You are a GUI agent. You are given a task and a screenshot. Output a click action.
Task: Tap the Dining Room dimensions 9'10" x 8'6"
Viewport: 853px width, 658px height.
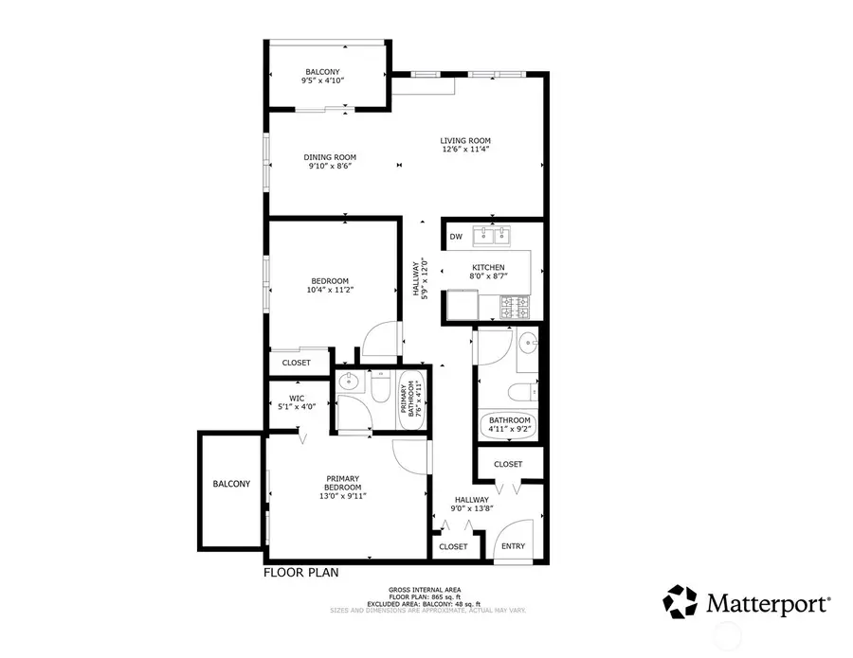(x=330, y=168)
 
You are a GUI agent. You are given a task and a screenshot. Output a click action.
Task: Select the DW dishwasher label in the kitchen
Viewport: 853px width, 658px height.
(x=456, y=237)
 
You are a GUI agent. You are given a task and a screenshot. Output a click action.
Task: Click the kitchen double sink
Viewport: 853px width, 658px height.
(x=492, y=234)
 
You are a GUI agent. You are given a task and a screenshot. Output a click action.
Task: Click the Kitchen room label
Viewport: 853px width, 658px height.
(x=489, y=268)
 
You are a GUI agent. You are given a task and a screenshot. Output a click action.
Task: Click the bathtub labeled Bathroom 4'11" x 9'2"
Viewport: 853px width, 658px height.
(x=510, y=425)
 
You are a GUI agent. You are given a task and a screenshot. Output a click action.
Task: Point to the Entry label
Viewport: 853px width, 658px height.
(x=513, y=546)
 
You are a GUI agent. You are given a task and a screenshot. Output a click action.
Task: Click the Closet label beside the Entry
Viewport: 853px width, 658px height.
(x=453, y=546)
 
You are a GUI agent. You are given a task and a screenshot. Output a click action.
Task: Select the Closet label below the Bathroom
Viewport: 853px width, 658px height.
(x=508, y=464)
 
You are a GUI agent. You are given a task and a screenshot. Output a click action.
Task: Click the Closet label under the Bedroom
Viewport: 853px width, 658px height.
(x=297, y=363)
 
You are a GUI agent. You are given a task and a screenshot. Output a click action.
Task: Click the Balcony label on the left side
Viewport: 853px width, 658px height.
(x=231, y=484)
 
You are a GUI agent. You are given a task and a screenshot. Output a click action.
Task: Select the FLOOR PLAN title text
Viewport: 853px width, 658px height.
(x=299, y=573)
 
